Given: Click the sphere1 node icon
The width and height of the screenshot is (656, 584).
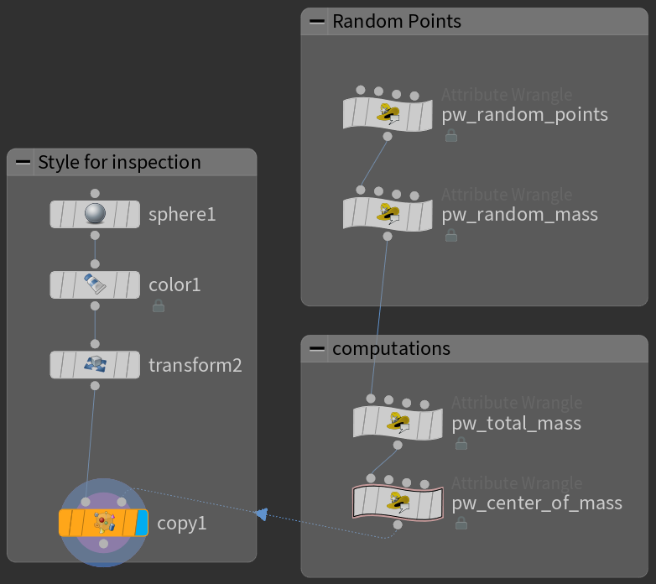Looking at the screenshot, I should point(95,214).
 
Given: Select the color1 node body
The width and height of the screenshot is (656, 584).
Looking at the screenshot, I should point(95,284).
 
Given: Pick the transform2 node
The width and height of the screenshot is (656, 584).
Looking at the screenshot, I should point(95,365).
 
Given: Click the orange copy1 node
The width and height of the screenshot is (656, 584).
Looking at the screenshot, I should point(102,523).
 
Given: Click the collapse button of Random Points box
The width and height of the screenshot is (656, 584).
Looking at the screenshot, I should point(317,22).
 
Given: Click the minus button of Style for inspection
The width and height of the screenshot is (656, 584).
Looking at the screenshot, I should point(23,162).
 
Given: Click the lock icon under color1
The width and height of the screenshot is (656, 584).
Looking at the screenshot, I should point(158,307).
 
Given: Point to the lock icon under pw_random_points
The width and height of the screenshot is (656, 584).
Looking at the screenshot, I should point(451,135).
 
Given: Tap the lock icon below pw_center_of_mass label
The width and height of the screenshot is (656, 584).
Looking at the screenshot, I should point(461,524).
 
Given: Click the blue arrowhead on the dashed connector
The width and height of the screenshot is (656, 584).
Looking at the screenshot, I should point(261,514).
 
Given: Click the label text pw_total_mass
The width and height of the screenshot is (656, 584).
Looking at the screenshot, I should point(516,423).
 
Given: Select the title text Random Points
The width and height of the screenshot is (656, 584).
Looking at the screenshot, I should point(397,22).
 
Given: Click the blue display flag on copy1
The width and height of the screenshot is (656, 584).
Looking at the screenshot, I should point(141,523).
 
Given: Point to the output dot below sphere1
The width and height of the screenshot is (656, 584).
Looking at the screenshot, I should point(95,235).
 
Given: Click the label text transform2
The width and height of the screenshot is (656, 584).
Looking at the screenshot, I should point(195,366).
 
